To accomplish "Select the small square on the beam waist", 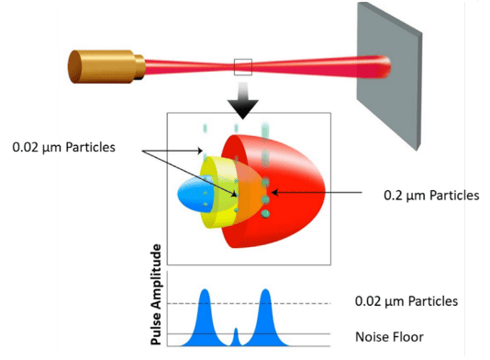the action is (242, 65).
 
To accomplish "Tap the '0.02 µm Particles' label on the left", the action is (63, 147).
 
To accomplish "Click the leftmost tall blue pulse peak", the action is (205, 296).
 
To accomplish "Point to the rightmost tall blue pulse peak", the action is (265, 296).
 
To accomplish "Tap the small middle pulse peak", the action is (236, 332).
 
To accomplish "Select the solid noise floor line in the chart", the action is (312, 333).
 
